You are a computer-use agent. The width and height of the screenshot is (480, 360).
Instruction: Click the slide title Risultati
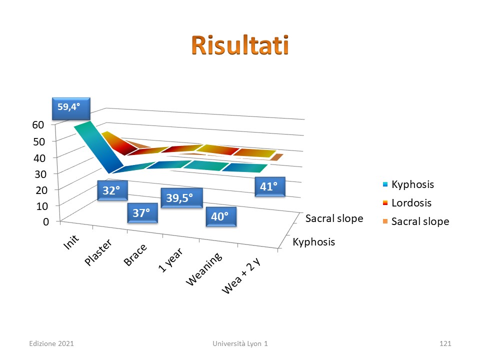[240, 45]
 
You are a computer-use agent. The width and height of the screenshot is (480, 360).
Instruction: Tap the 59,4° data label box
[71, 108]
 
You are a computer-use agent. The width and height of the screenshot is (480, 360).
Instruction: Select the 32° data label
[112, 190]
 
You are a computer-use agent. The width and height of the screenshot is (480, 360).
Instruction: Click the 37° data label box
[142, 213]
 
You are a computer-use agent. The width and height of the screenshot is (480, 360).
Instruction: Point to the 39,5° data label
[181, 198]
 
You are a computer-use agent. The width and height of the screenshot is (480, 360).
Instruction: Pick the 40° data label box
[221, 216]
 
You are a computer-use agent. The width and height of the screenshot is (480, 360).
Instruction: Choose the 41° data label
[270, 186]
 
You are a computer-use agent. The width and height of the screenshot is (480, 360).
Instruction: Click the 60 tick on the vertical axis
[38, 124]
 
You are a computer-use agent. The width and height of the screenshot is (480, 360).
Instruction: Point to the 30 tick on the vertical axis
[40, 174]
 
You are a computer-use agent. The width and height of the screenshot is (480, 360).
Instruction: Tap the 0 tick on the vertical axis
[46, 221]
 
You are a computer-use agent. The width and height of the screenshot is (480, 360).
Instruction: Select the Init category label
[71, 242]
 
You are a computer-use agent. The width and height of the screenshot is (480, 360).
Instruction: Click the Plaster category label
[98, 252]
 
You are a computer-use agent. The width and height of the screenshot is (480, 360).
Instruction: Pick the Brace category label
[135, 254]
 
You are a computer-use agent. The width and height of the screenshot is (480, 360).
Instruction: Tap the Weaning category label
[204, 269]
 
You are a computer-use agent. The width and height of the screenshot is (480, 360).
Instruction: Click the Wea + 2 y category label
[241, 276]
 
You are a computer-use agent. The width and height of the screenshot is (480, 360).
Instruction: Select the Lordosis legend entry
[407, 203]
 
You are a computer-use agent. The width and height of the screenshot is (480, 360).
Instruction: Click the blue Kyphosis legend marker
[385, 184]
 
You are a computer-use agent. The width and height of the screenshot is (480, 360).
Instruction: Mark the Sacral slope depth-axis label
[334, 218]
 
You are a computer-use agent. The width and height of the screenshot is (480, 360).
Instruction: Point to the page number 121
[445, 343]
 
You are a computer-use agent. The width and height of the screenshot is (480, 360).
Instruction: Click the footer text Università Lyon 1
[240, 343]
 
